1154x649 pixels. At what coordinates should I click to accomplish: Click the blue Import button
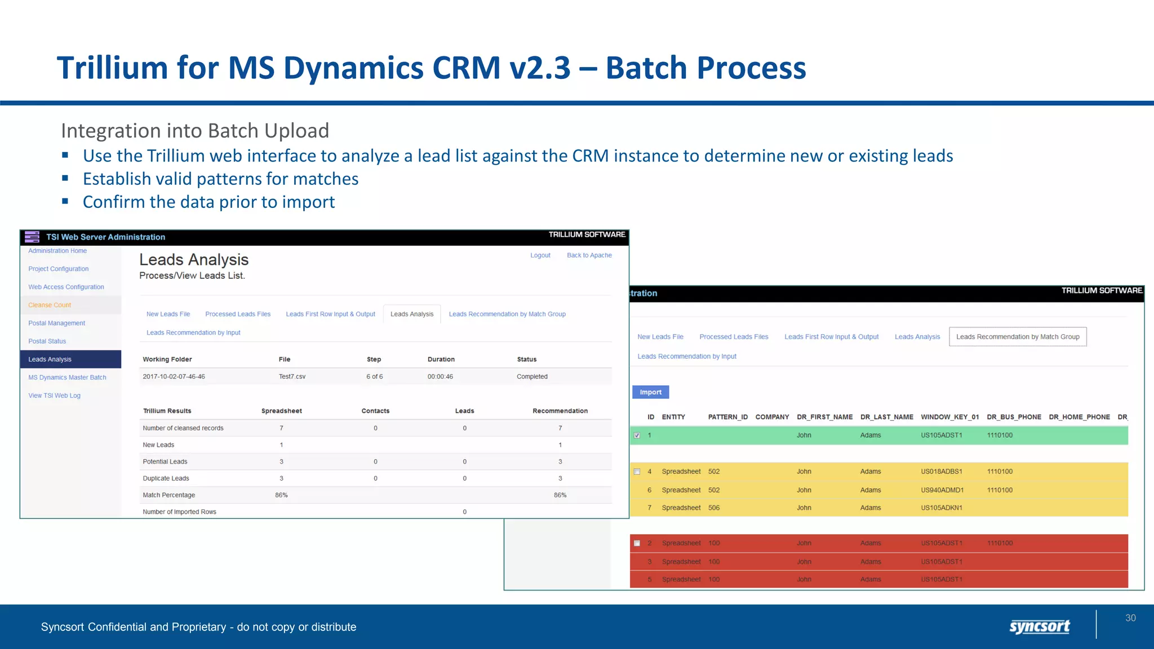(650, 392)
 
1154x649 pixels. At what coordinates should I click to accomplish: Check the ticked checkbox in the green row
(637, 435)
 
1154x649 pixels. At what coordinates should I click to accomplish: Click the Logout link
(540, 255)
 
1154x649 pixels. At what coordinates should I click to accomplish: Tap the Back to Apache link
(589, 255)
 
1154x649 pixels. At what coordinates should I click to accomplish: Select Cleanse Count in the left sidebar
(50, 305)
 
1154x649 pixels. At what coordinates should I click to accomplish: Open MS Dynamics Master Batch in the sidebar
(67, 377)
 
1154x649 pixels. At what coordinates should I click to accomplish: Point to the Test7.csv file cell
(292, 376)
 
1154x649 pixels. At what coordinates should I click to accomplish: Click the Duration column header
(441, 359)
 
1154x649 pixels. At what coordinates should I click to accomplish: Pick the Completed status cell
(532, 376)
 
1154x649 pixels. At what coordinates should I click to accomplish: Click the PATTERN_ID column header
(727, 417)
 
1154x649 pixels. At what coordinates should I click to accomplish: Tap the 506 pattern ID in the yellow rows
(714, 508)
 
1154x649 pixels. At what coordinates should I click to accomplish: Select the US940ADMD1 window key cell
(942, 490)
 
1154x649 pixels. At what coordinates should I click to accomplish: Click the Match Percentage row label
(168, 495)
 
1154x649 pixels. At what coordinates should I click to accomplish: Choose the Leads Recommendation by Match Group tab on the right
(1018, 337)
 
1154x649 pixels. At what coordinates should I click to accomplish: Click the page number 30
(1130, 618)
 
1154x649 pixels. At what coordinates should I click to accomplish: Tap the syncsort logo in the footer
(1039, 626)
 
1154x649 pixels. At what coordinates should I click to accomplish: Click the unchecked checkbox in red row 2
(637, 544)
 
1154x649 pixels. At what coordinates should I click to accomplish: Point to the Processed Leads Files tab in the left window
(238, 314)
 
